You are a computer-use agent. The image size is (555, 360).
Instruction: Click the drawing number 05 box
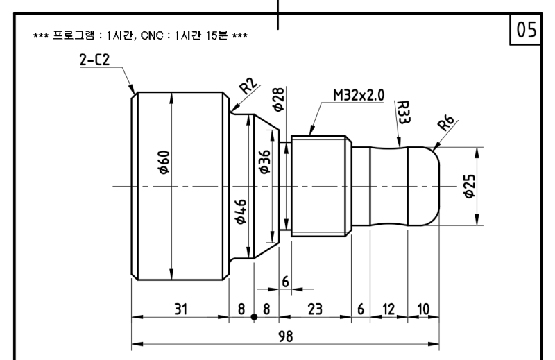[526, 29]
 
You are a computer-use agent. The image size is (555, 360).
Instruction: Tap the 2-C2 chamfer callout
[95, 60]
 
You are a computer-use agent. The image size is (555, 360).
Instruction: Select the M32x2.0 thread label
[359, 95]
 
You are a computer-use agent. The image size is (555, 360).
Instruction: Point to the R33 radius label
[403, 112]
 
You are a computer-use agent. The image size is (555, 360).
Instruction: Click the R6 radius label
[446, 123]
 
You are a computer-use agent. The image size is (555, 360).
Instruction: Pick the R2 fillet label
[248, 85]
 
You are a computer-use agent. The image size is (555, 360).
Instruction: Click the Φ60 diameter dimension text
[164, 162]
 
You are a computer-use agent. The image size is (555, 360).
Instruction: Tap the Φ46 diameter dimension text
[240, 212]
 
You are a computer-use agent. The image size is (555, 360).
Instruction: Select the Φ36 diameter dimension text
[265, 162]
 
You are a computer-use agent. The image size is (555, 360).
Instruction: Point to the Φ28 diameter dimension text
[279, 99]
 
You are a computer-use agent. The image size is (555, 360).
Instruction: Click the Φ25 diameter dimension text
[470, 186]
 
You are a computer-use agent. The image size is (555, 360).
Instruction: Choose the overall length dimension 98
[286, 336]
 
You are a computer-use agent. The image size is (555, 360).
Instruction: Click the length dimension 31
[180, 309]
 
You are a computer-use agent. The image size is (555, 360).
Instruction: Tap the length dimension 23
[315, 309]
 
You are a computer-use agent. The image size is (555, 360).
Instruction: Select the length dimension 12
[388, 309]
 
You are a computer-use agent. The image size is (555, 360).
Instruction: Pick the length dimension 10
[423, 309]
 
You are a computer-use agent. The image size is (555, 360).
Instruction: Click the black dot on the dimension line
[254, 317]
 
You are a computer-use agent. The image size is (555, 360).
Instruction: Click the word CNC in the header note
[151, 36]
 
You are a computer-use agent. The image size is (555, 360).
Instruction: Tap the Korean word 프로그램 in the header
[74, 35]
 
